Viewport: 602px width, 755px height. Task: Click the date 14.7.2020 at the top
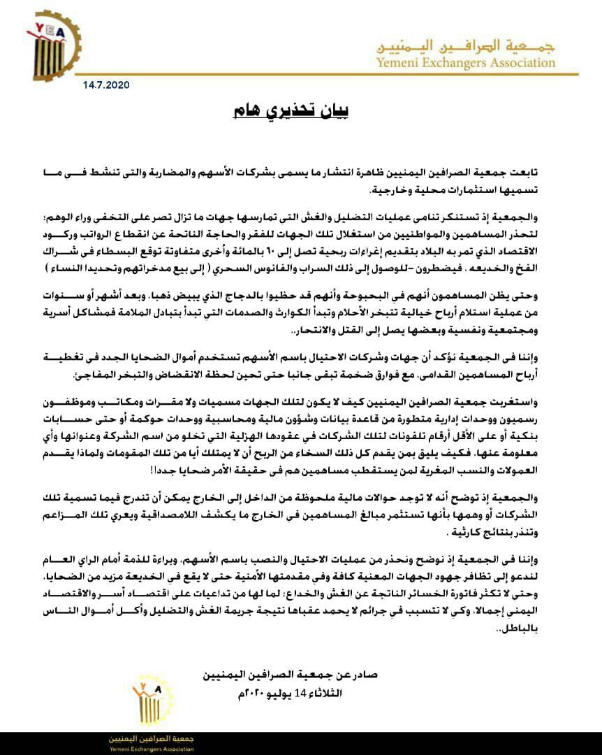(x=101, y=85)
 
